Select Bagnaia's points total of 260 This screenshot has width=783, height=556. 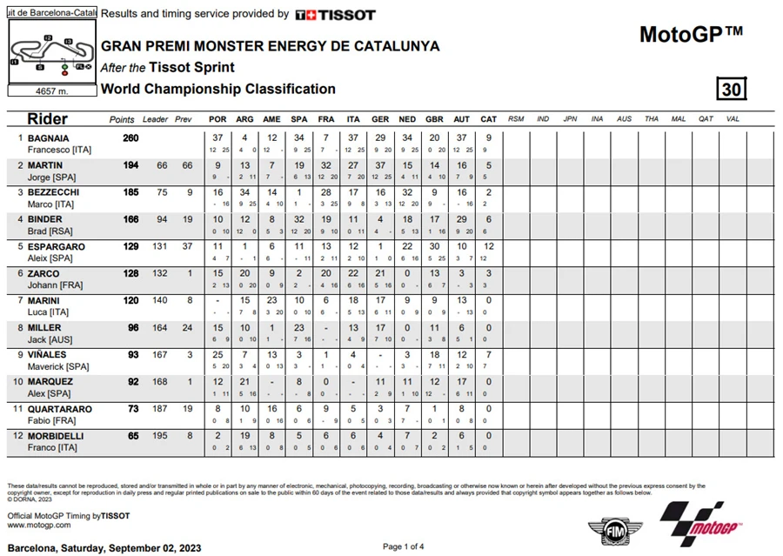[130, 137]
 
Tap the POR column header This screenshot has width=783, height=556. [217, 119]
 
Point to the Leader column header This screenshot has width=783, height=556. [155, 119]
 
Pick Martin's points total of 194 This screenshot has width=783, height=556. [130, 165]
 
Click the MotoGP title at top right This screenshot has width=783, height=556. [691, 34]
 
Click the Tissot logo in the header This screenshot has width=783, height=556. [336, 15]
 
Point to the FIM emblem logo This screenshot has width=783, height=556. [606, 530]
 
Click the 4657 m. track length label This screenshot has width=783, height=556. [52, 90]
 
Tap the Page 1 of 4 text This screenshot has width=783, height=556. [404, 546]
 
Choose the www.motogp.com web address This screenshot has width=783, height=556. [39, 526]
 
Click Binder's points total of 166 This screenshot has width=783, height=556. [130, 219]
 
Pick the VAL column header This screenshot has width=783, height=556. [733, 119]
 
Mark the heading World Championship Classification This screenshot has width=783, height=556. [217, 89]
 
